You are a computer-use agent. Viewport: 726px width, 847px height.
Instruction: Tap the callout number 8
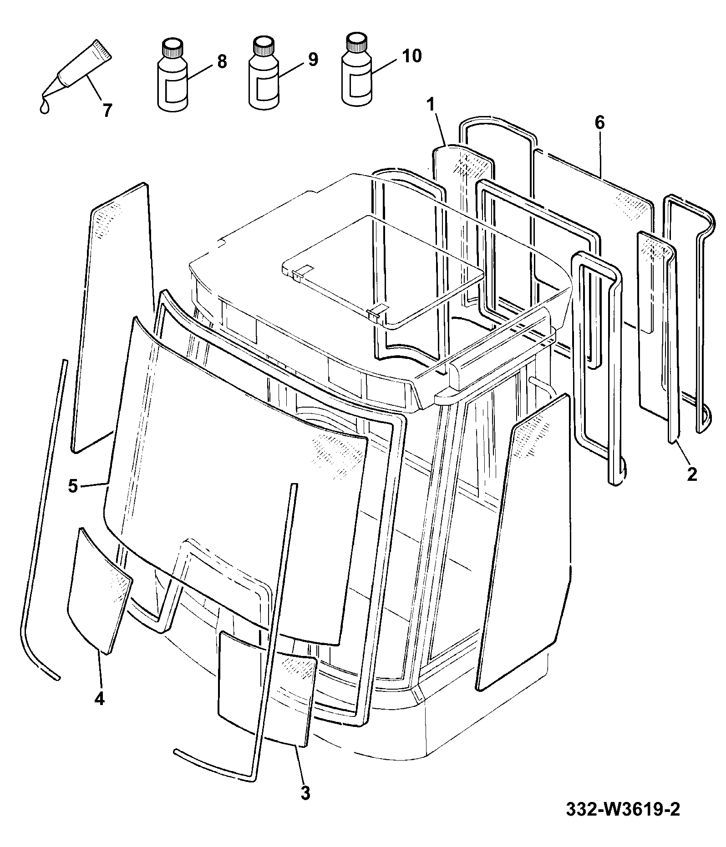point(222,61)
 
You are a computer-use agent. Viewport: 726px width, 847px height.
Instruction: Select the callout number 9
point(313,59)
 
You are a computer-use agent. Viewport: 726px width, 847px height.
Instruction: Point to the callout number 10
point(411,56)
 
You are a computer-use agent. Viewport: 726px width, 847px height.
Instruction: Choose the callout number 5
point(73,486)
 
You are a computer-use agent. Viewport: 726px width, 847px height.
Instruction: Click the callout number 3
point(305,793)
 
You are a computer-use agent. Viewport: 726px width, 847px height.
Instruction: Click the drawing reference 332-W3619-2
point(623,809)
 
